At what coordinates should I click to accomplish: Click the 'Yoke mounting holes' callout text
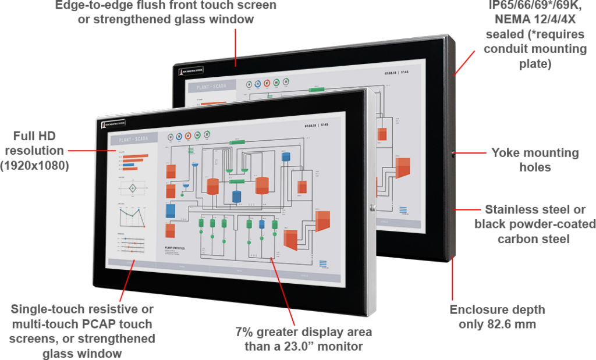coord(535,160)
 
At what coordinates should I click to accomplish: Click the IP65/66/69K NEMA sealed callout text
coord(535,35)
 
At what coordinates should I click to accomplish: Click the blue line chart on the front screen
coord(132,216)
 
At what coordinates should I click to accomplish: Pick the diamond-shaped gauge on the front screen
coord(133,189)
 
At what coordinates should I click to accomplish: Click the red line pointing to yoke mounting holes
coord(470,154)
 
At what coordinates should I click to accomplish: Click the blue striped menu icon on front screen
coord(323,263)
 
